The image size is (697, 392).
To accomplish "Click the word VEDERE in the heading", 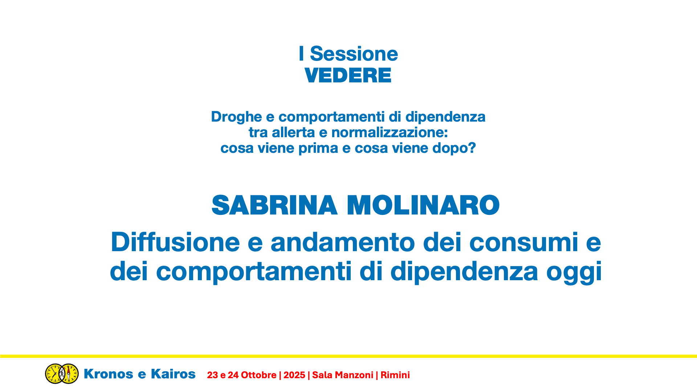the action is (x=348, y=75).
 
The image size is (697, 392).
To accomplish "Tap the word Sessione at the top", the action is (x=354, y=54).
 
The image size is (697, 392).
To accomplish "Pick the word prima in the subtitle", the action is (x=318, y=148).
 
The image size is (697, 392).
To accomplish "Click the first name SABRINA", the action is (x=274, y=205).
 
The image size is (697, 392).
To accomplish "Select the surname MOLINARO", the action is (x=423, y=205).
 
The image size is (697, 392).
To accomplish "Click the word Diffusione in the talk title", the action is (x=175, y=242).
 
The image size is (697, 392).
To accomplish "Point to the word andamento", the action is (x=343, y=242).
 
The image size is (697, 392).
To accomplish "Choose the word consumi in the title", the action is (x=523, y=242).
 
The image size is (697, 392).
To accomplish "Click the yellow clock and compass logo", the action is (x=62, y=373).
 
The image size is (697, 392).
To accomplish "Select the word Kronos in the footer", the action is (x=109, y=374).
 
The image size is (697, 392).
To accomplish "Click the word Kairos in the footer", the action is (x=173, y=374).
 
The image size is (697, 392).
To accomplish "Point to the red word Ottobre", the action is (x=258, y=375).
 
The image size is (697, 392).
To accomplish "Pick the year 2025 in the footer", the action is (x=294, y=375).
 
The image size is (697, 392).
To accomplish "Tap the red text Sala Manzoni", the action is (x=343, y=375).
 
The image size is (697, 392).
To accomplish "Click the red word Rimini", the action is (x=395, y=375).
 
